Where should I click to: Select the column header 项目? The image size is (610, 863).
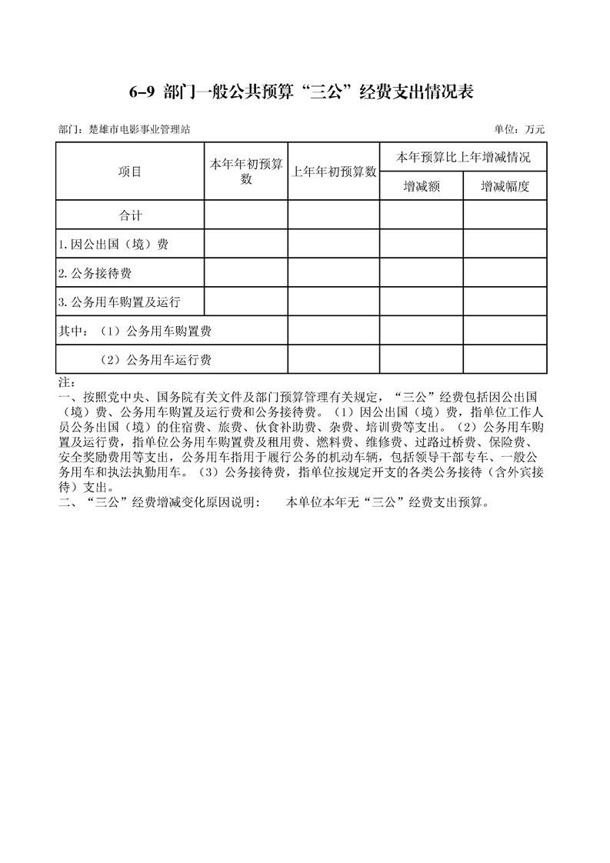(130, 172)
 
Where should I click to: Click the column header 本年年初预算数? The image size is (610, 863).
(245, 172)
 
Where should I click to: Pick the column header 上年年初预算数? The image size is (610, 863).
(333, 172)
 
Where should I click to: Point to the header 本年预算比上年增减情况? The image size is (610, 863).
(463, 158)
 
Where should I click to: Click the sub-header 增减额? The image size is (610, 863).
(422, 186)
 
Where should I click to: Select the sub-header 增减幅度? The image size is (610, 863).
(505, 186)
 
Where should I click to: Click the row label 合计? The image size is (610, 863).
(130, 215)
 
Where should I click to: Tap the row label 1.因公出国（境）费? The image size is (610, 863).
(113, 245)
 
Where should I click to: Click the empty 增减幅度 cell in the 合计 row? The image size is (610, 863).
(505, 215)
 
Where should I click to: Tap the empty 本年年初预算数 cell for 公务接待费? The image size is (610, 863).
(245, 273)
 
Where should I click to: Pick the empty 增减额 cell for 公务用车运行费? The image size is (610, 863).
(422, 359)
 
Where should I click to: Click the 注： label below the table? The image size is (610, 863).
(65, 382)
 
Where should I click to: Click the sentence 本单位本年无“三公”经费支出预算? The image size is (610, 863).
(388, 503)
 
